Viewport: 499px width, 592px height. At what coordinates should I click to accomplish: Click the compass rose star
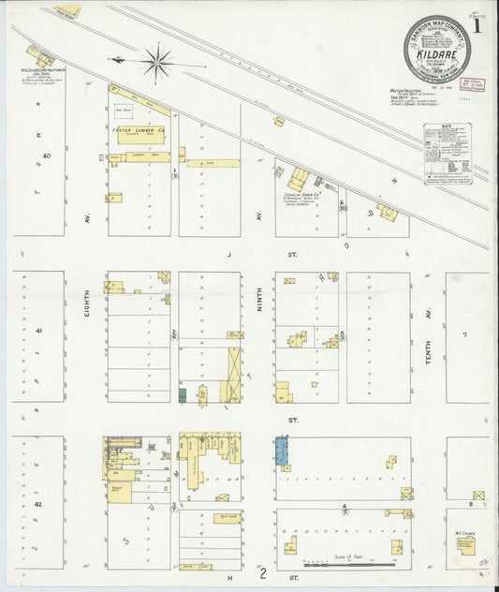[x=157, y=64]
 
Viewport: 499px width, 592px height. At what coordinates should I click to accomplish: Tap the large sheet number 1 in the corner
[x=477, y=26]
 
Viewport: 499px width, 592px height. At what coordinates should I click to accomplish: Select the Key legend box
[x=448, y=152]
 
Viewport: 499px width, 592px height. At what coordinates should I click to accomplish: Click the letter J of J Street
[x=227, y=254]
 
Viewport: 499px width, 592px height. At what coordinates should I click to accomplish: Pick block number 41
[x=38, y=331]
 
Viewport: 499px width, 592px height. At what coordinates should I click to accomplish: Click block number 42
[x=38, y=504]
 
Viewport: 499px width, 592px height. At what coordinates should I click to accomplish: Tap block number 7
[x=464, y=334]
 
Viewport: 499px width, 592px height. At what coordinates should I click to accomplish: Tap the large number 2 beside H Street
[x=263, y=573]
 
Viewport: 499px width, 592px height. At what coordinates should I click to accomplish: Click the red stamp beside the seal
[x=476, y=84]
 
